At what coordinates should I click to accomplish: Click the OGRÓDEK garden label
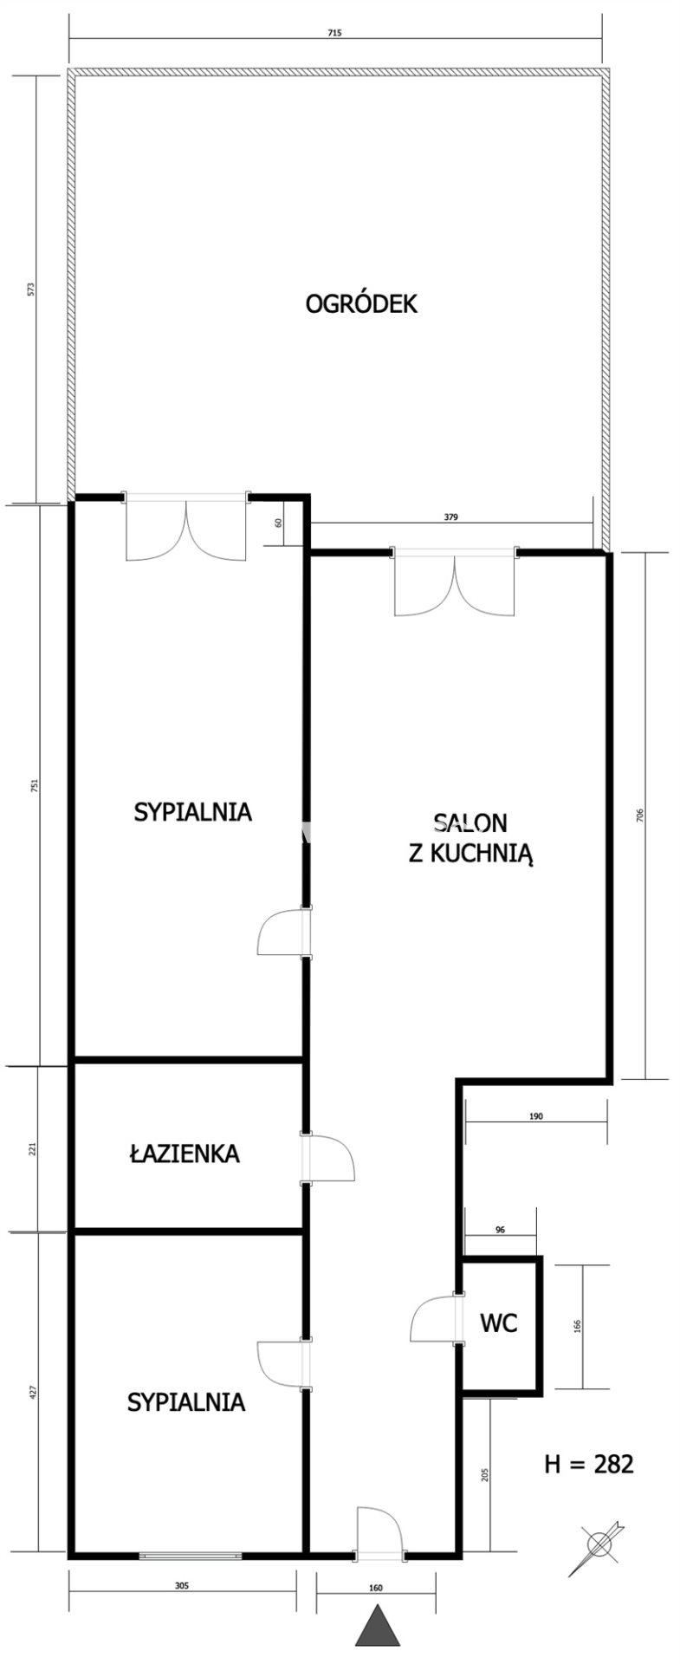(361, 304)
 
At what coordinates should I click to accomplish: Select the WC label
(499, 1323)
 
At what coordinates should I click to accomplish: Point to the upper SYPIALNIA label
(192, 812)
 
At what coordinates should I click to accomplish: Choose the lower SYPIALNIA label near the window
(185, 1401)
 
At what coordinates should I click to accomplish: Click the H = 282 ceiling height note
(589, 1464)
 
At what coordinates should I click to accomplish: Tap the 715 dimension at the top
(335, 33)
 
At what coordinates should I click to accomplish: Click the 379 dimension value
(450, 517)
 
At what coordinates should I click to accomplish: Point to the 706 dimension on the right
(639, 816)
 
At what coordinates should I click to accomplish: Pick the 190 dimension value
(535, 1116)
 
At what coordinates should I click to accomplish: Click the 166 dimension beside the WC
(578, 1325)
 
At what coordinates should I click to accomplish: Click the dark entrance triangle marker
(379, 1644)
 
